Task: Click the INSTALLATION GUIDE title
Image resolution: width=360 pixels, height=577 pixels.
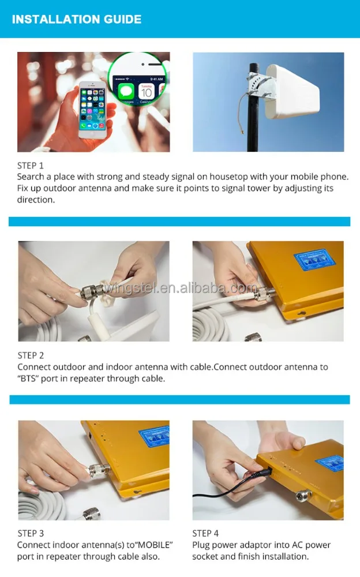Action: pyautogui.click(x=77, y=19)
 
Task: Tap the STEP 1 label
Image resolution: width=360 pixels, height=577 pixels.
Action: pyautogui.click(x=30, y=166)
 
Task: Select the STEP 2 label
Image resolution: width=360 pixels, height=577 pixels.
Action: pyautogui.click(x=31, y=355)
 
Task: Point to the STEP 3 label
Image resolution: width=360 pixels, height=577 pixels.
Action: pyautogui.click(x=31, y=534)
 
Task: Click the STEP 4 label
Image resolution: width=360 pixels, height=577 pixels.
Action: pyautogui.click(x=205, y=534)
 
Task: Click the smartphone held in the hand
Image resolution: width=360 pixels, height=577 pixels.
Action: pyautogui.click(x=93, y=110)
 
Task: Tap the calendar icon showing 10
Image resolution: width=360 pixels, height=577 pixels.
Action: pyautogui.click(x=146, y=92)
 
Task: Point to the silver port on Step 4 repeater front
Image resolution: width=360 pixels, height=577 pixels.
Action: pyautogui.click(x=303, y=496)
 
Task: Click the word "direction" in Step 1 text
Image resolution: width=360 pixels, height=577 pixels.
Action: pyautogui.click(x=36, y=200)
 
